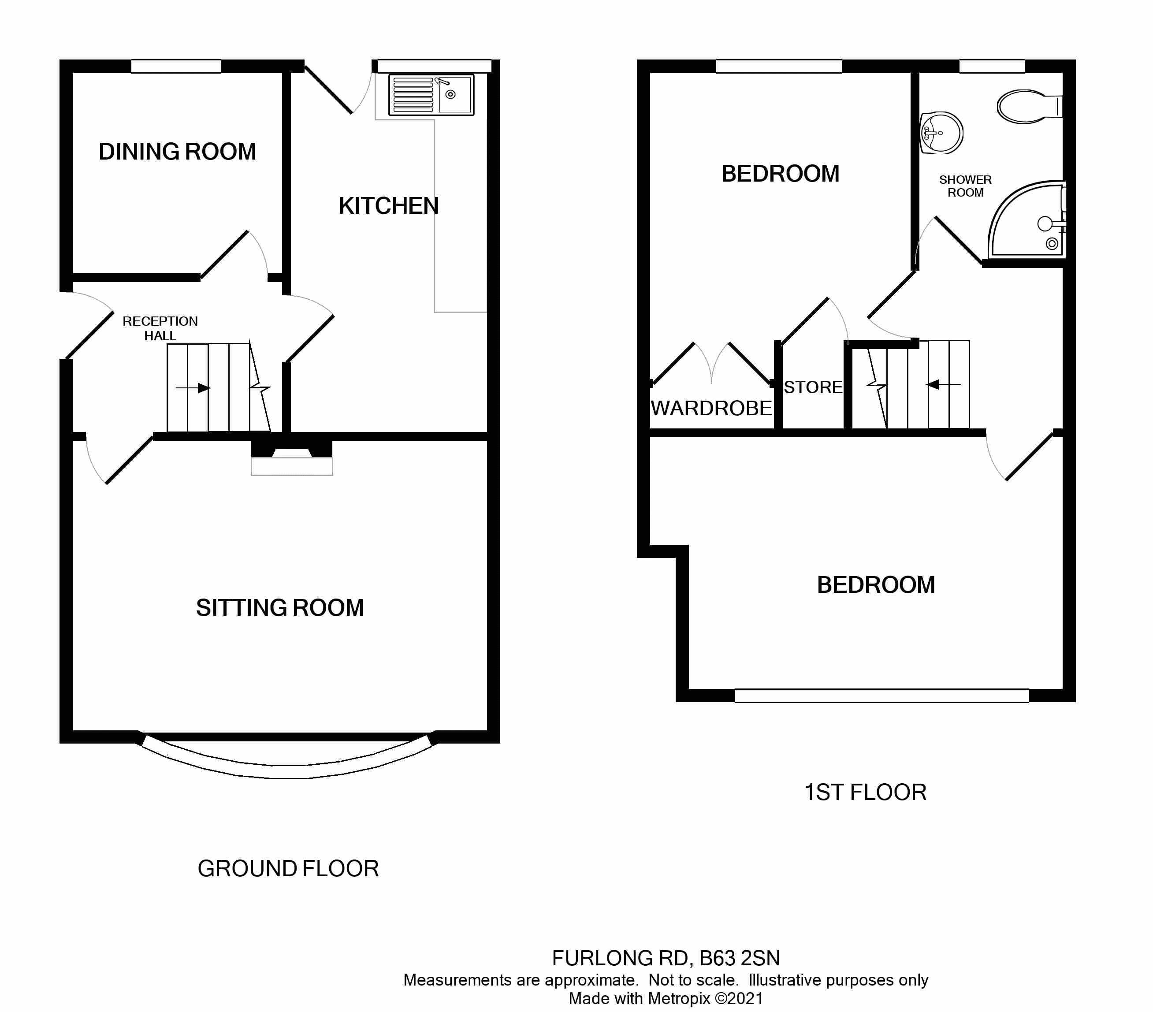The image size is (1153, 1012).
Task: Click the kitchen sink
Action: point(432,95)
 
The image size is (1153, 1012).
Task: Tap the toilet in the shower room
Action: point(1030,106)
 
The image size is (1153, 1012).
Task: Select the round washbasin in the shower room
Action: point(941,133)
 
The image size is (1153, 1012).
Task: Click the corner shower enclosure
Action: point(1027,220)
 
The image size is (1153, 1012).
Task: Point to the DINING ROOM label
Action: point(177,151)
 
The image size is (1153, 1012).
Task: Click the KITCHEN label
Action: point(389,206)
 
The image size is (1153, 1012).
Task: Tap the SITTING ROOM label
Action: point(280,607)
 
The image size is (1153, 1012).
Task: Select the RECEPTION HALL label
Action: point(160,328)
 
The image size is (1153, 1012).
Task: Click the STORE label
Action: point(813,387)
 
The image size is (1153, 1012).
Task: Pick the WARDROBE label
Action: point(711,408)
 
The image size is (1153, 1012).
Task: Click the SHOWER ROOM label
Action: point(965,186)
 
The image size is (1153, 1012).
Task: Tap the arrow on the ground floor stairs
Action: point(193,388)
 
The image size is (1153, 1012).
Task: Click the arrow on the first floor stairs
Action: point(944,385)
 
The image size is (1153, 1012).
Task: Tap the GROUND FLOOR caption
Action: point(288,869)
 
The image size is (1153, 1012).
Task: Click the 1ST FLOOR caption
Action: point(865,792)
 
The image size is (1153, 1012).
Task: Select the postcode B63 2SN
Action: point(740,958)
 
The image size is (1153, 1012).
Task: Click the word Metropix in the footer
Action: point(679,998)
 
